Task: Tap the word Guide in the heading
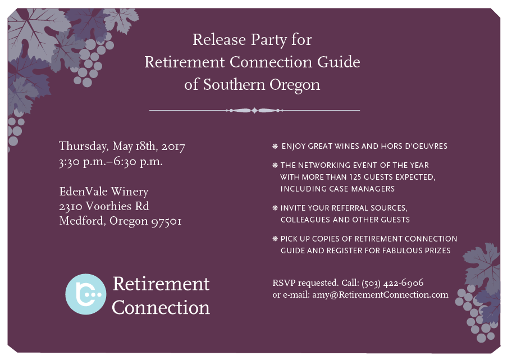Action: coord(339,62)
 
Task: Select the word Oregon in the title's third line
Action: coord(295,85)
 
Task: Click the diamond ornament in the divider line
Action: coord(254,111)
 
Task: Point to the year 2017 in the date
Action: coord(173,147)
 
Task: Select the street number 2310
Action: coord(71,207)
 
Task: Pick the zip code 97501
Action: coord(166,221)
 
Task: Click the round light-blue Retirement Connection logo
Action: coord(85,294)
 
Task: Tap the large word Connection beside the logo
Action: coord(161,307)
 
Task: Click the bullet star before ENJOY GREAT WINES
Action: coord(275,146)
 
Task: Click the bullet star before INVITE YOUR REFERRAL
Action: coord(275,208)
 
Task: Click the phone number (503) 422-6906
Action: coord(392,283)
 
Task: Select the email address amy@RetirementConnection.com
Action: coord(381,295)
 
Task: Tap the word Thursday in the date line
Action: coord(84,147)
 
